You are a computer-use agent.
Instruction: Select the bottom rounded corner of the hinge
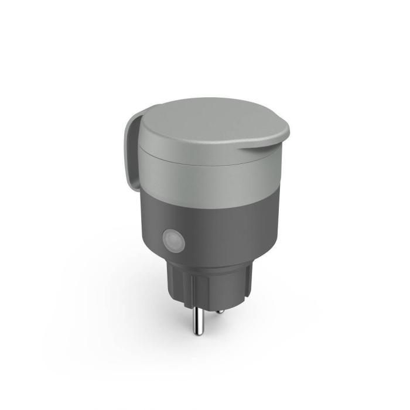click(x=130, y=179)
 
